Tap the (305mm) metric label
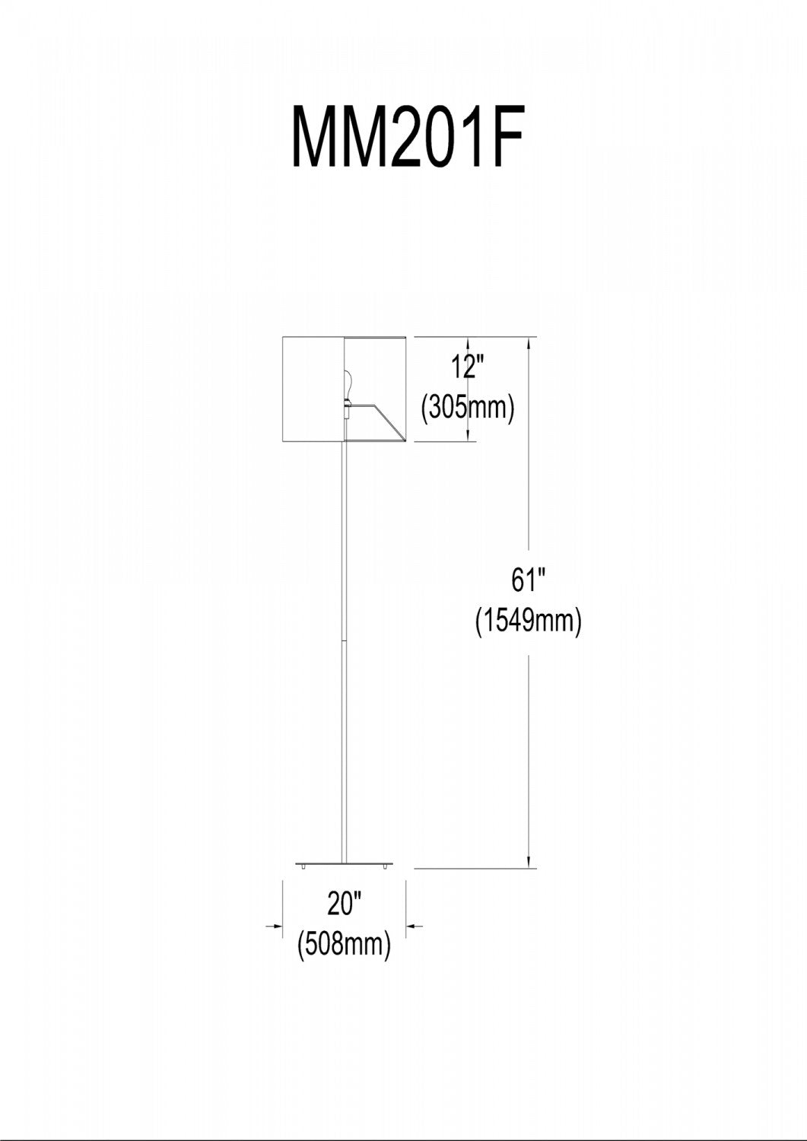pyautogui.click(x=467, y=408)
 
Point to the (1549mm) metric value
pyautogui.click(x=529, y=621)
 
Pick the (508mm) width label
pyautogui.click(x=344, y=946)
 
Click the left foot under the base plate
pyautogui.click(x=303, y=866)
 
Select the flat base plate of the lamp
pyautogui.click(x=345, y=863)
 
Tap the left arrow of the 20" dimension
pyautogui.click(x=274, y=926)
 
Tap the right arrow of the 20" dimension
pyautogui.click(x=415, y=926)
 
